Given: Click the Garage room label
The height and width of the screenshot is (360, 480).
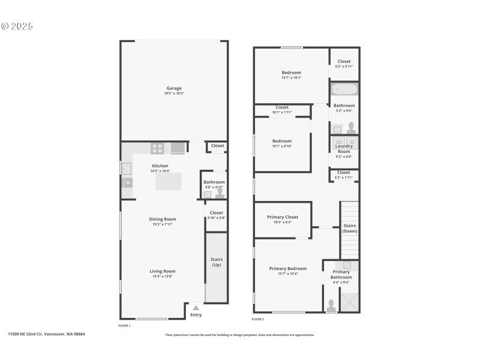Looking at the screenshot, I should (x=173, y=88).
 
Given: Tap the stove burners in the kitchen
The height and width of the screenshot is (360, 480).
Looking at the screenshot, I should (x=157, y=148).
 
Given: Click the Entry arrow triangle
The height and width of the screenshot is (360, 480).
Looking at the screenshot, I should (x=196, y=308).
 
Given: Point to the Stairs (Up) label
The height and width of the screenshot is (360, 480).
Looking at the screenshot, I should (x=217, y=262).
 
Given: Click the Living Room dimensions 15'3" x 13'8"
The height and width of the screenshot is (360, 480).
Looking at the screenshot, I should (x=163, y=277).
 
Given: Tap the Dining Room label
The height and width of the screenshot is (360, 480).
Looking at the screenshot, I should (x=163, y=219).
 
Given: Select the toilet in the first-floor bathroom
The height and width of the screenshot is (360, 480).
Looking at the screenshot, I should (x=220, y=193).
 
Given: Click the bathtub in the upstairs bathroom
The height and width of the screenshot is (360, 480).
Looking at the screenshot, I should (x=344, y=90).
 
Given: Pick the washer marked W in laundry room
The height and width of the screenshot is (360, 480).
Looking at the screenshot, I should (x=338, y=142).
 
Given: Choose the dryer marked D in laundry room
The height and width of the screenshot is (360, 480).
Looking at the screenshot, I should (x=352, y=142).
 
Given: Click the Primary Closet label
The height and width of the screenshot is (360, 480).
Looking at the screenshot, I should (x=283, y=217).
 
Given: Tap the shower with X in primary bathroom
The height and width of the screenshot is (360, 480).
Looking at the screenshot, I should (x=349, y=299).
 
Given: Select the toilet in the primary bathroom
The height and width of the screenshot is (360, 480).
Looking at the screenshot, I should (x=331, y=305).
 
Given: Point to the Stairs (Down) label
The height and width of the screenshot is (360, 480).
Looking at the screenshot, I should (x=350, y=229).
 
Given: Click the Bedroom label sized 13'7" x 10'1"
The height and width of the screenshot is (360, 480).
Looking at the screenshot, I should (x=291, y=73).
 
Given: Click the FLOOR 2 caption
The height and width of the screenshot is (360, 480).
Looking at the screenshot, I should (x=258, y=319).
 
